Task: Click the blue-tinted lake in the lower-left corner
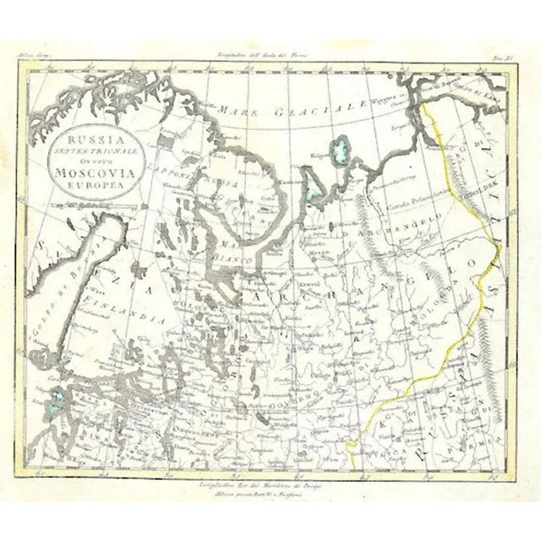pyautogui.click(x=60, y=405)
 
